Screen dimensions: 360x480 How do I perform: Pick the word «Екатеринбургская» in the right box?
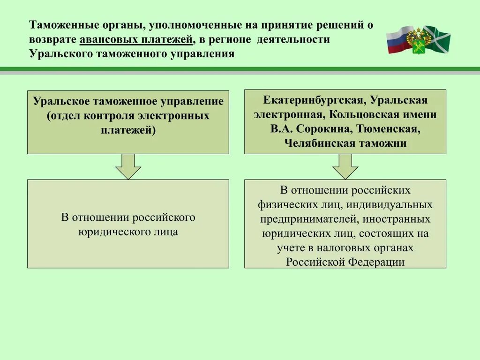click(x=314, y=100)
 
